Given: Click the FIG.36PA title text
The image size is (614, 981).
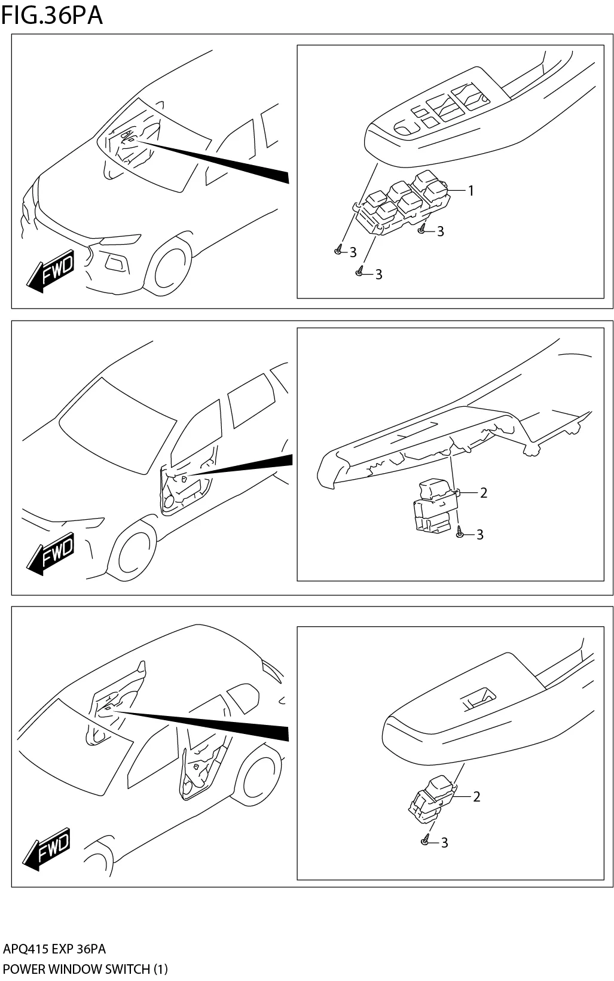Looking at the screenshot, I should [52, 15].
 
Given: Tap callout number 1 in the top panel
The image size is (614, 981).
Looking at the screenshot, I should [471, 191].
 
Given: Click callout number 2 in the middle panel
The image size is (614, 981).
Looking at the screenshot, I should [484, 492].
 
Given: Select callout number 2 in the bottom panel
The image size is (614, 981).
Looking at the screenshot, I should [476, 797].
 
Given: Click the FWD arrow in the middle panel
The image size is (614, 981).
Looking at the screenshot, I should [51, 556].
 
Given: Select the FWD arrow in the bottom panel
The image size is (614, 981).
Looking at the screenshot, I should [47, 849].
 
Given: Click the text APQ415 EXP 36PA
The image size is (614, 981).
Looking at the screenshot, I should [54, 949].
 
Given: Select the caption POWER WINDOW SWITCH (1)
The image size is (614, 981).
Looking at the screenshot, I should [85, 969].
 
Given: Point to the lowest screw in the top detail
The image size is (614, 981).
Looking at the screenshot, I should [359, 272].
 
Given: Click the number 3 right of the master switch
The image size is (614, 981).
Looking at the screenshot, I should [441, 231].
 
